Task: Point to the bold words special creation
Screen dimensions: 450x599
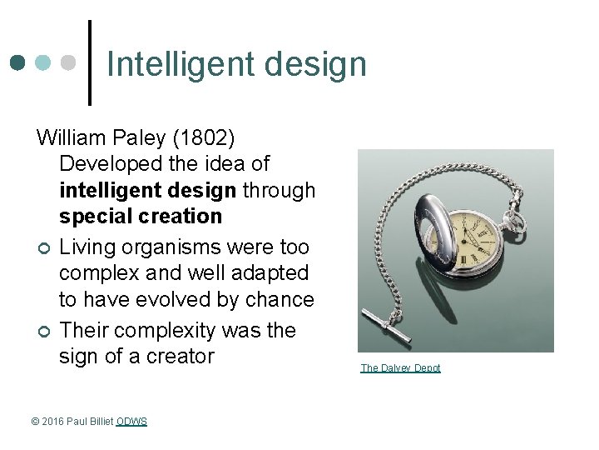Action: [141, 217]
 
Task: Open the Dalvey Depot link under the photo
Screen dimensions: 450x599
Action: [400, 368]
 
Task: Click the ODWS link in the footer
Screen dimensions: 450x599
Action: [131, 422]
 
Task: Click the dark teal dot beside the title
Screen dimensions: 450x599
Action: [18, 63]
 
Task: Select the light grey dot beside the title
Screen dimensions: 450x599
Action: [70, 63]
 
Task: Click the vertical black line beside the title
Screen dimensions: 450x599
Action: [90, 63]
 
